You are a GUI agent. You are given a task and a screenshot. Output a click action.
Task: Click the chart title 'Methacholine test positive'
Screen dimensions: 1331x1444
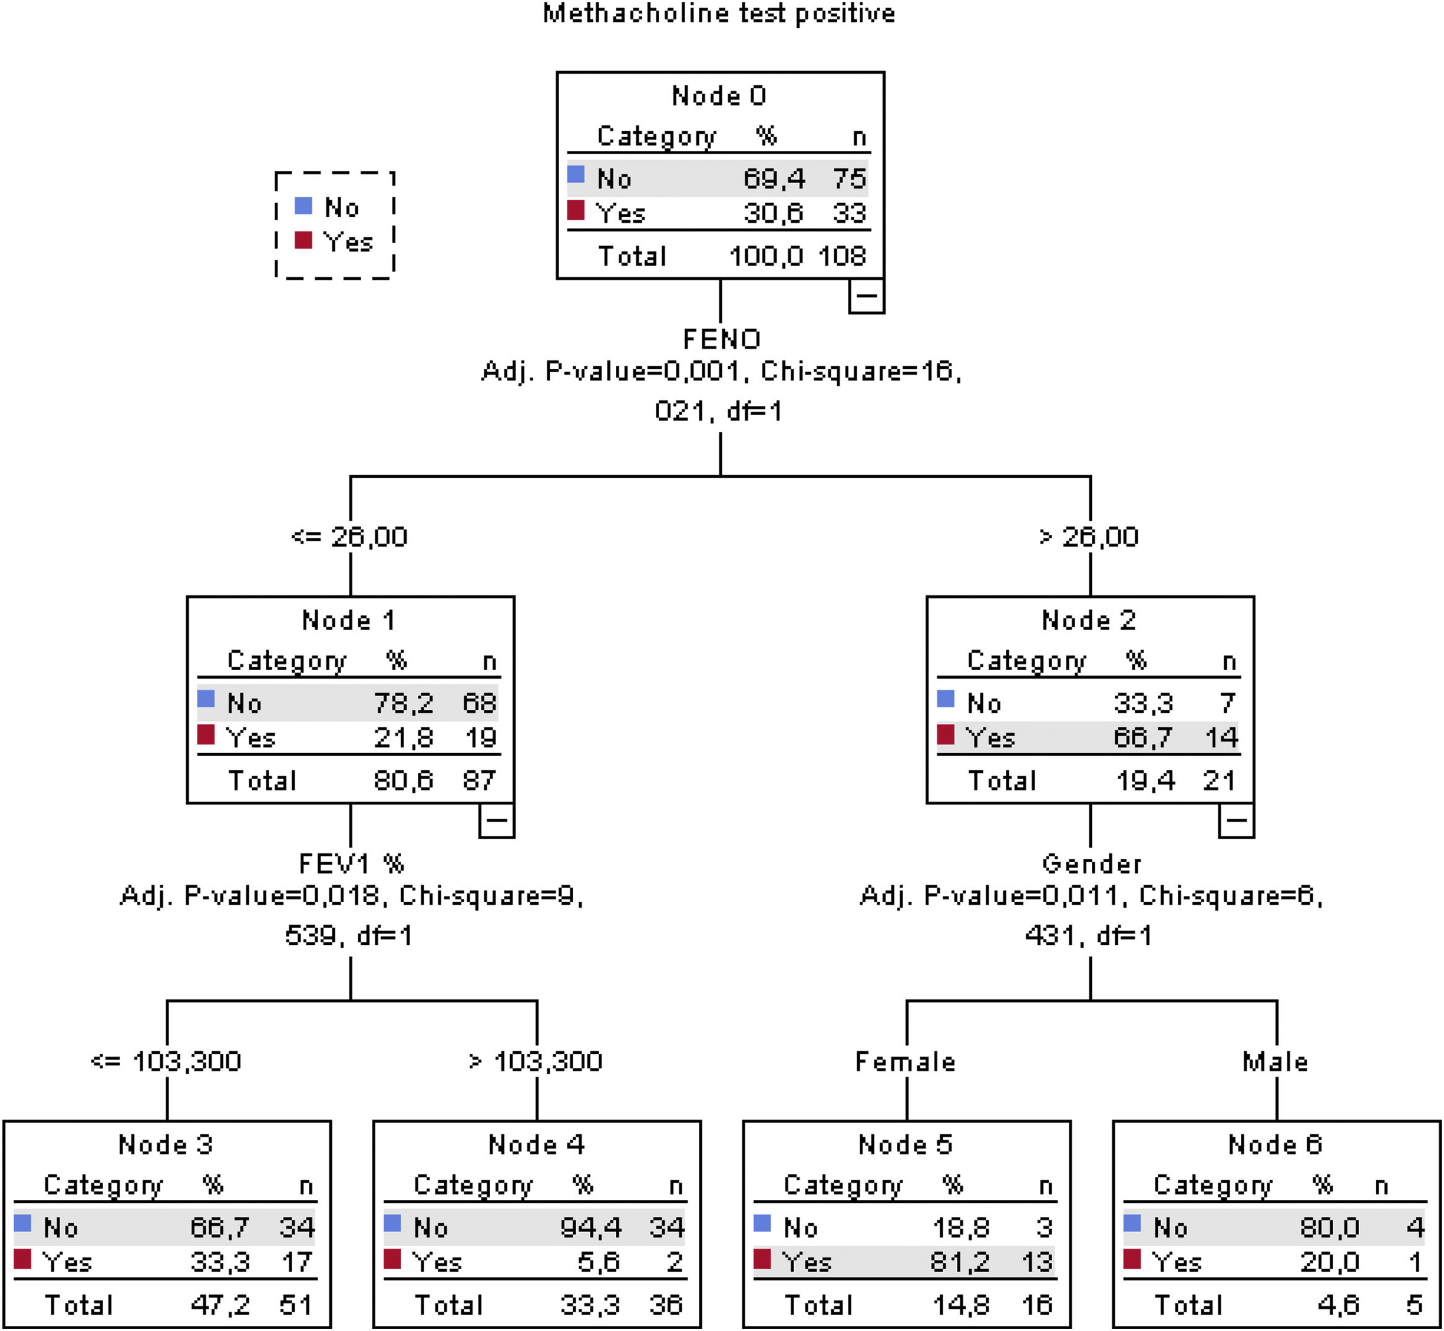[719, 14]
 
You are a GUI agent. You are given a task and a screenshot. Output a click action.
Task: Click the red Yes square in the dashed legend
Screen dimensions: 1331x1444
[303, 240]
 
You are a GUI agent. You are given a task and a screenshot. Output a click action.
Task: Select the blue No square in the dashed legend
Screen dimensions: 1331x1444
[303, 206]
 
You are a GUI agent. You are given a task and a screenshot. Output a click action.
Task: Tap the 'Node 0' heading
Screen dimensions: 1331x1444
[719, 96]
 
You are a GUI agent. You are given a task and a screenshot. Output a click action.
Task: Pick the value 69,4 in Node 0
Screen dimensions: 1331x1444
[774, 179]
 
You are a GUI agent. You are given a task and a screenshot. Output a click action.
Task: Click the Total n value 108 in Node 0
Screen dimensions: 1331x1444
[842, 256]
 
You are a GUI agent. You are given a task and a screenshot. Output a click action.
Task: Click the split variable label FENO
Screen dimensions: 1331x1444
[721, 339]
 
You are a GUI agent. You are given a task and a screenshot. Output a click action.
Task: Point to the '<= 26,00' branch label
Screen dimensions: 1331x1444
[350, 537]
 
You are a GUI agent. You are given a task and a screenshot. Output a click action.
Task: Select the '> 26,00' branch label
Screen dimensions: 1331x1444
[1089, 537]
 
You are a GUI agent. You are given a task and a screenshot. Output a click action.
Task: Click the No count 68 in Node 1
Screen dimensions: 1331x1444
[479, 703]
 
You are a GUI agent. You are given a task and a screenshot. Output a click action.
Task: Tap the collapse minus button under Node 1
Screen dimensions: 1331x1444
[496, 821]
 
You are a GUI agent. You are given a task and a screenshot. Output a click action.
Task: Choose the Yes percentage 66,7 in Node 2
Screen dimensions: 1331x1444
[1144, 738]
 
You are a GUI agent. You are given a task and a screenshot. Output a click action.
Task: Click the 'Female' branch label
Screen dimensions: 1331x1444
[905, 1062]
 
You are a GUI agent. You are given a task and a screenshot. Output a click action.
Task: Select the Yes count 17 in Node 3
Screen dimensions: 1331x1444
[297, 1262]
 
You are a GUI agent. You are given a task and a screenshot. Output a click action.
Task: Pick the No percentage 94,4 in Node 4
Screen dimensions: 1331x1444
[591, 1227]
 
